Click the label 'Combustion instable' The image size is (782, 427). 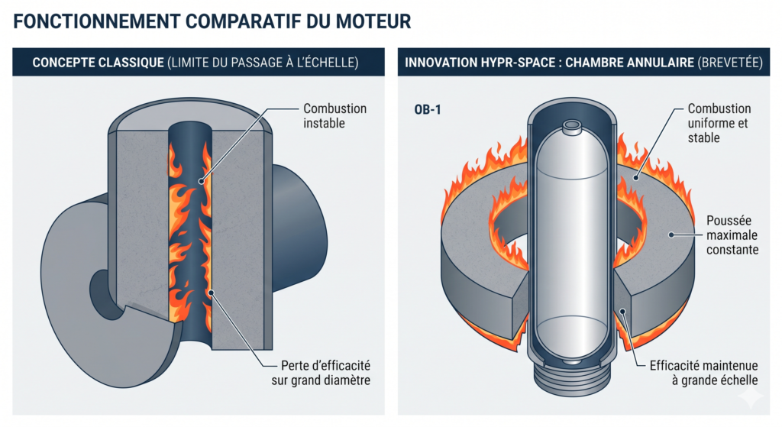pyautogui.click(x=334, y=115)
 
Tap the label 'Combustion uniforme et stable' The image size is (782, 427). pyautogui.click(x=719, y=123)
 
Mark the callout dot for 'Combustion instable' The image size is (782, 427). pyautogui.click(x=201, y=180)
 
